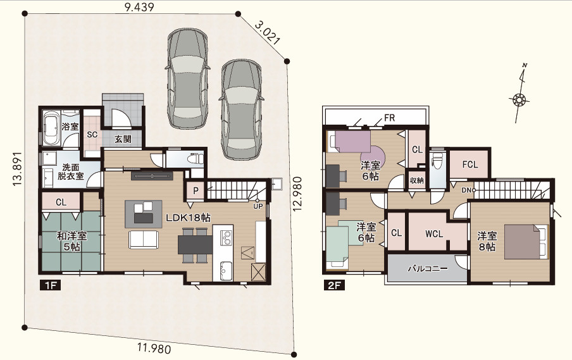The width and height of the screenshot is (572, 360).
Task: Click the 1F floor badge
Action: pyautogui.click(x=50, y=285)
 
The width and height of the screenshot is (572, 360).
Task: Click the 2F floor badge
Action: pyautogui.click(x=334, y=285)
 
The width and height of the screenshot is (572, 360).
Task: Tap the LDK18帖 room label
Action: pyautogui.click(x=188, y=218)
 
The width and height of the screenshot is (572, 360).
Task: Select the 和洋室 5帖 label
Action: pyautogui.click(x=72, y=242)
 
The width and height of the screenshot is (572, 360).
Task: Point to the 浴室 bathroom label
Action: pyautogui.click(x=70, y=127)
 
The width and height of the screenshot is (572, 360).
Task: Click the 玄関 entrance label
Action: pyautogui.click(x=123, y=139)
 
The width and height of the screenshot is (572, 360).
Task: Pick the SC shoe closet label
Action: pyautogui.click(x=92, y=135)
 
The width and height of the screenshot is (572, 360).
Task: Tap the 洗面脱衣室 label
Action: pyautogui.click(x=70, y=171)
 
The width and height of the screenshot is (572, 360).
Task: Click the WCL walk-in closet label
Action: pyautogui.click(x=433, y=234)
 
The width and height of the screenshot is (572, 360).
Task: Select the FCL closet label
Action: pyautogui.click(x=470, y=164)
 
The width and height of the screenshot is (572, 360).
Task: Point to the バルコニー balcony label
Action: pyautogui.click(x=428, y=269)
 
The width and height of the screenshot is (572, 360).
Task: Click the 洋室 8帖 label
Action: pyautogui.click(x=487, y=242)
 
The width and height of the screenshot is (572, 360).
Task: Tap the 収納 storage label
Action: pyautogui.click(x=416, y=180)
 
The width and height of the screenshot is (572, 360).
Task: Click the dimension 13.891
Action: pyautogui.click(x=18, y=169)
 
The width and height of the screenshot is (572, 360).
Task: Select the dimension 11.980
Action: pyautogui.click(x=154, y=349)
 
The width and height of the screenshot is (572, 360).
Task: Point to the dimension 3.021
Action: pyautogui.click(x=268, y=33)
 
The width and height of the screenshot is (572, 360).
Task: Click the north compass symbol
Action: pyautogui.click(x=519, y=94)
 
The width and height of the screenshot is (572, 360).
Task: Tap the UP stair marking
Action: pyautogui.click(x=258, y=206)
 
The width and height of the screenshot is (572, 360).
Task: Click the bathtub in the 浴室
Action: pyautogui.click(x=51, y=128)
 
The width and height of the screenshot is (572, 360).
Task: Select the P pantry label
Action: pyautogui.click(x=196, y=191)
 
